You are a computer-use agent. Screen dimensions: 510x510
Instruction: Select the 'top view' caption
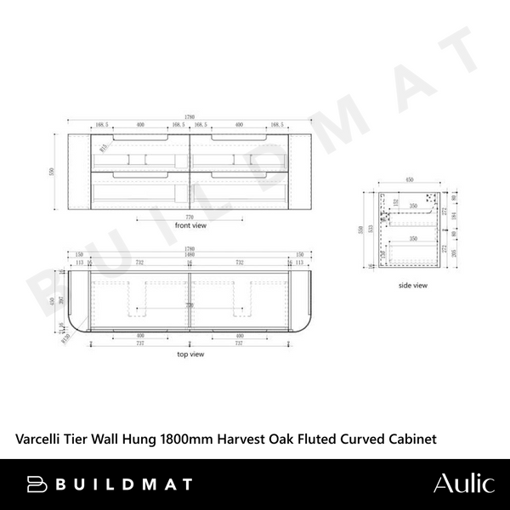tap(190, 353)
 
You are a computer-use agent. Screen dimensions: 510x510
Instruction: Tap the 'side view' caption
tap(412, 286)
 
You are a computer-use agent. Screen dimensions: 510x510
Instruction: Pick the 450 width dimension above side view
tap(411, 181)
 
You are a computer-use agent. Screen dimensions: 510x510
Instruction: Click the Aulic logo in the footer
tap(463, 484)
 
